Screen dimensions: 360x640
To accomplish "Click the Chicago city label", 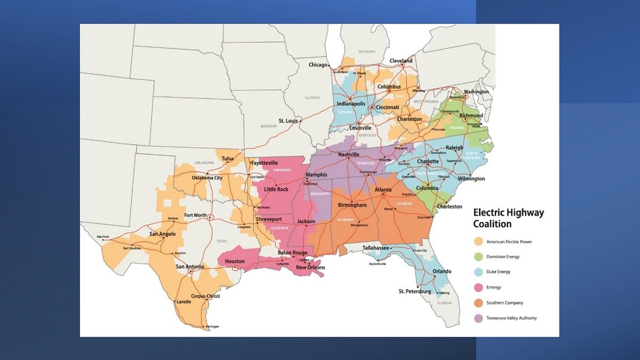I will [x=318, y=65].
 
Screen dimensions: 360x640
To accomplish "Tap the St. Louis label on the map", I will [x=288, y=121].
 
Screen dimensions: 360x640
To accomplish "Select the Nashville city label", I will [x=348, y=155].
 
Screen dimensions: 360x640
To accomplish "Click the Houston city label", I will [x=235, y=261].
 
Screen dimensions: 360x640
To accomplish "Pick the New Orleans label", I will [x=310, y=267].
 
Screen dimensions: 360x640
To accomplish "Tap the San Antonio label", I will [x=190, y=267].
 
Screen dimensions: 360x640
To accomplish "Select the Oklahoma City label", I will [x=207, y=178].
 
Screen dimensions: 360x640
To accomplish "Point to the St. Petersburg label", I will [x=414, y=292].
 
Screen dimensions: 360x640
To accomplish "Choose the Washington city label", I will [x=476, y=92].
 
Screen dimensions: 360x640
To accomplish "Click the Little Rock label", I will [x=276, y=189].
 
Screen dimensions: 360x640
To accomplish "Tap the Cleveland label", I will [x=401, y=61].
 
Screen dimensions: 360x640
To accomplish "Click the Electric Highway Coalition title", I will [x=508, y=218].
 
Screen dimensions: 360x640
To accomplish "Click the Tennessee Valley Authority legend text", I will [x=511, y=318].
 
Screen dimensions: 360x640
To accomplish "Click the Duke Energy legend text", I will [x=498, y=272].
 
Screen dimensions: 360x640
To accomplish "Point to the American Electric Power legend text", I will [x=509, y=242].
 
